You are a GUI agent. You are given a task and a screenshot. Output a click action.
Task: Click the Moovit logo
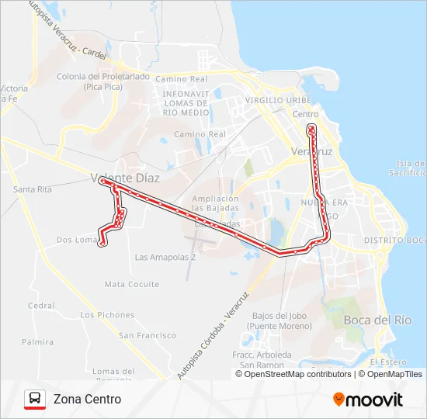coord(368,400)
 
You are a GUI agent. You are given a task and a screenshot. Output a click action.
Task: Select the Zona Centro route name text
coord(87,400)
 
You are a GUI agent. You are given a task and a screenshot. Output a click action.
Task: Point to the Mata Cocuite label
coord(132,285)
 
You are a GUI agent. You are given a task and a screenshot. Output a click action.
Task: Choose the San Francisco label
coord(148,335)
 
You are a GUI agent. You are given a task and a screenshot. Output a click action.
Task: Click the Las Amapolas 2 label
coord(165,257)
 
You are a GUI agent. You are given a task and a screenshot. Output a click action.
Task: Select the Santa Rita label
coord(33,189)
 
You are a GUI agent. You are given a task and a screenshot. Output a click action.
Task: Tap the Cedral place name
coord(41,306)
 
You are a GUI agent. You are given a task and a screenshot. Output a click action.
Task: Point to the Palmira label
coord(38,341)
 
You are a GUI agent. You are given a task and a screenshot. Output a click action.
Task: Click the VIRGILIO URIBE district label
coord(278,101)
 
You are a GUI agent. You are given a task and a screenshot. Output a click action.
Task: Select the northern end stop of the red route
coord(311,126)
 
